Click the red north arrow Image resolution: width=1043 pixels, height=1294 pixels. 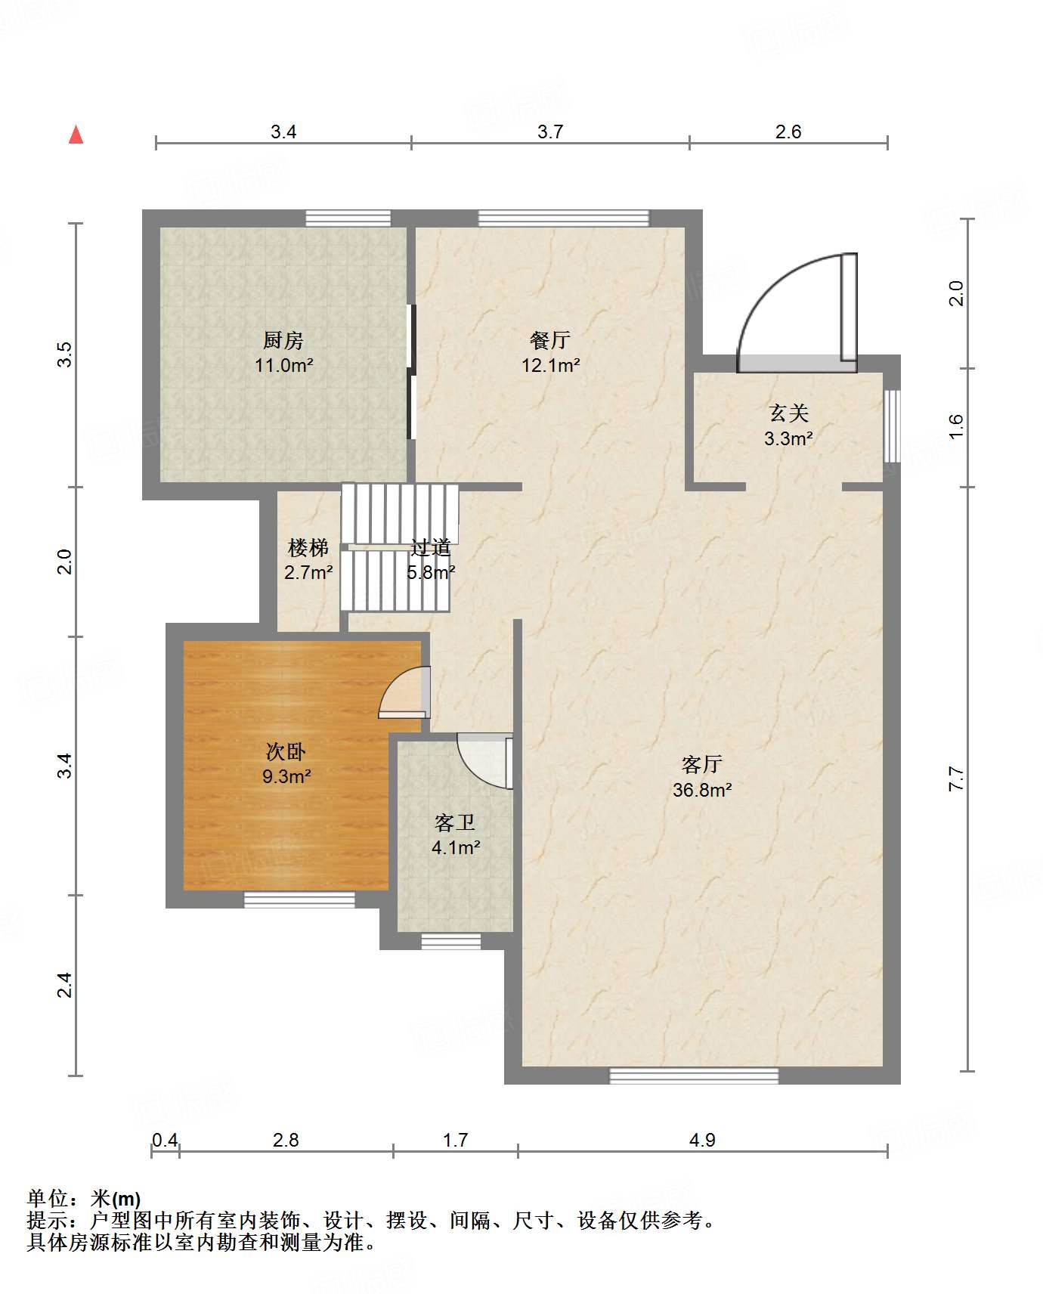click(76, 135)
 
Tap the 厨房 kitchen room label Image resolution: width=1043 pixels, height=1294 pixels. click(283, 340)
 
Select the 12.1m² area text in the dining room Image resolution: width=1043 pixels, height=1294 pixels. click(550, 366)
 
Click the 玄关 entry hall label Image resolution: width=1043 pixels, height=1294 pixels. click(788, 413)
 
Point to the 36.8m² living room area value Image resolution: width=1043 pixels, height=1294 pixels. click(702, 790)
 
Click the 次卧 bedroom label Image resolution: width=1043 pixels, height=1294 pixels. click(286, 751)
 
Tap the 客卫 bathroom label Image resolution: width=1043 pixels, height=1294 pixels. click(455, 822)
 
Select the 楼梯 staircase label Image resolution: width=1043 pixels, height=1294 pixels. click(308, 546)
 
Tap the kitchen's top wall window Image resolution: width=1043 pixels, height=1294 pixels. click(348, 218)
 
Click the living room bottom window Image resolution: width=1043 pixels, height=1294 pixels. click(694, 1075)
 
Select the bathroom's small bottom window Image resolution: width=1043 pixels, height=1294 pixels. click(451, 941)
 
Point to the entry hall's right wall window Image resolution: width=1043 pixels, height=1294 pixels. click(892, 426)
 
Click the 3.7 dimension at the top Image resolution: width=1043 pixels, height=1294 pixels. click(550, 132)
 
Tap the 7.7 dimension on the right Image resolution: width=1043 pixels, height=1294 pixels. click(957, 779)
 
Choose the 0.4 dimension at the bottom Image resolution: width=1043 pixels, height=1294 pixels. click(166, 1140)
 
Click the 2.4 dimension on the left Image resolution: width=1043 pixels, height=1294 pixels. click(66, 985)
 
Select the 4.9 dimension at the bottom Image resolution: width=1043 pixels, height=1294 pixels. click(702, 1140)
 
